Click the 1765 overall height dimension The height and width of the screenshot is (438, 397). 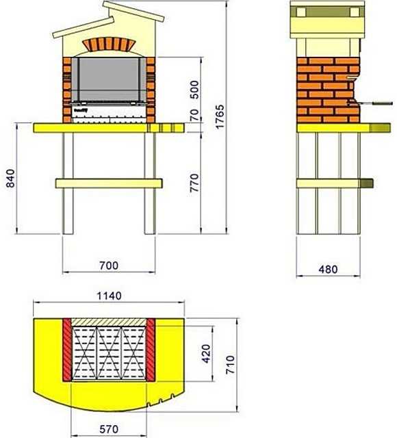coord(220,116)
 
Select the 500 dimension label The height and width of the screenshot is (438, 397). coord(194,90)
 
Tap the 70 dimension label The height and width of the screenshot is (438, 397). coord(194,115)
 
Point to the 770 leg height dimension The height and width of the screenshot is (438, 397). coord(194,183)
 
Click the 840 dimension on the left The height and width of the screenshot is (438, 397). coord(11,178)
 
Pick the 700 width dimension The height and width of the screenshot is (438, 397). coord(109,266)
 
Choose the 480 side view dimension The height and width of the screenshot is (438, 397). coord(328,269)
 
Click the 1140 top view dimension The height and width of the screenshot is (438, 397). coord(109,296)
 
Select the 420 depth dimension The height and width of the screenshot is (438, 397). coord(206,354)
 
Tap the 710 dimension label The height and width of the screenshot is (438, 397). coord(231,365)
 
